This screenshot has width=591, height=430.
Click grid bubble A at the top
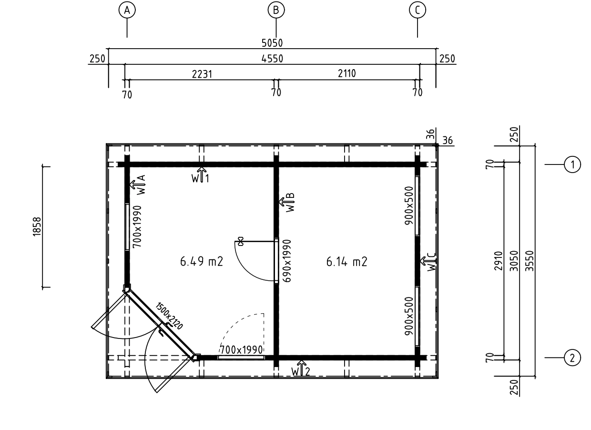(127, 10)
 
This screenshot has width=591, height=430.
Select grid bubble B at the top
(276, 10)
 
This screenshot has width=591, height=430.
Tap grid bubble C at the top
(418, 10)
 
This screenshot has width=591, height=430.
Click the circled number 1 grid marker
(572, 164)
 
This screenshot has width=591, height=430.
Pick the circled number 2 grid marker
(572, 358)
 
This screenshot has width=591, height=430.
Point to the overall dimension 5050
(272, 43)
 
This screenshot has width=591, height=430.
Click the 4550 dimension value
(272, 59)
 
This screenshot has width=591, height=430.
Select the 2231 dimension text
(202, 74)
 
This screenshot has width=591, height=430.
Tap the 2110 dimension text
(346, 73)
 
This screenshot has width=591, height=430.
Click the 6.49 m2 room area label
(202, 262)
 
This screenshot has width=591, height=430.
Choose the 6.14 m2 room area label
(346, 262)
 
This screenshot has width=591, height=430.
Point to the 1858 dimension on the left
(37, 227)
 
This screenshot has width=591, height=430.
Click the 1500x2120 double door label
(169, 316)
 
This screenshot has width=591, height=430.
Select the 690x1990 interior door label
(287, 261)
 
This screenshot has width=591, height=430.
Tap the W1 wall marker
(201, 176)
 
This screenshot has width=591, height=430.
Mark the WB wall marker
(287, 203)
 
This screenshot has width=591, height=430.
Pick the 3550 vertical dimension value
(529, 261)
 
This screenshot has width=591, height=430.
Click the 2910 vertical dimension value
(498, 261)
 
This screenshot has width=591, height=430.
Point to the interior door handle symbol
(240, 241)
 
